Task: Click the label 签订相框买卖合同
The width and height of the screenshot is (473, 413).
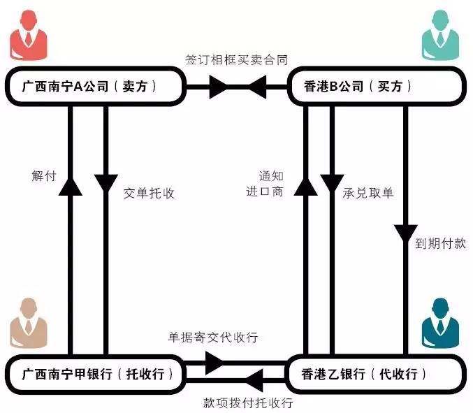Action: [x=236, y=59]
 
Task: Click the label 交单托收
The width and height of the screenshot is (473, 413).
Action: [x=149, y=193]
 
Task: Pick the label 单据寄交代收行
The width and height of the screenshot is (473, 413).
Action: [x=213, y=337]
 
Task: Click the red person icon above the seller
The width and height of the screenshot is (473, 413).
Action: [x=29, y=36]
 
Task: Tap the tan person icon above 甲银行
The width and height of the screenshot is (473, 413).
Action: [x=29, y=321]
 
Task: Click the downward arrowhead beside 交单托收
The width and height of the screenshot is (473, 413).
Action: [x=106, y=184]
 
